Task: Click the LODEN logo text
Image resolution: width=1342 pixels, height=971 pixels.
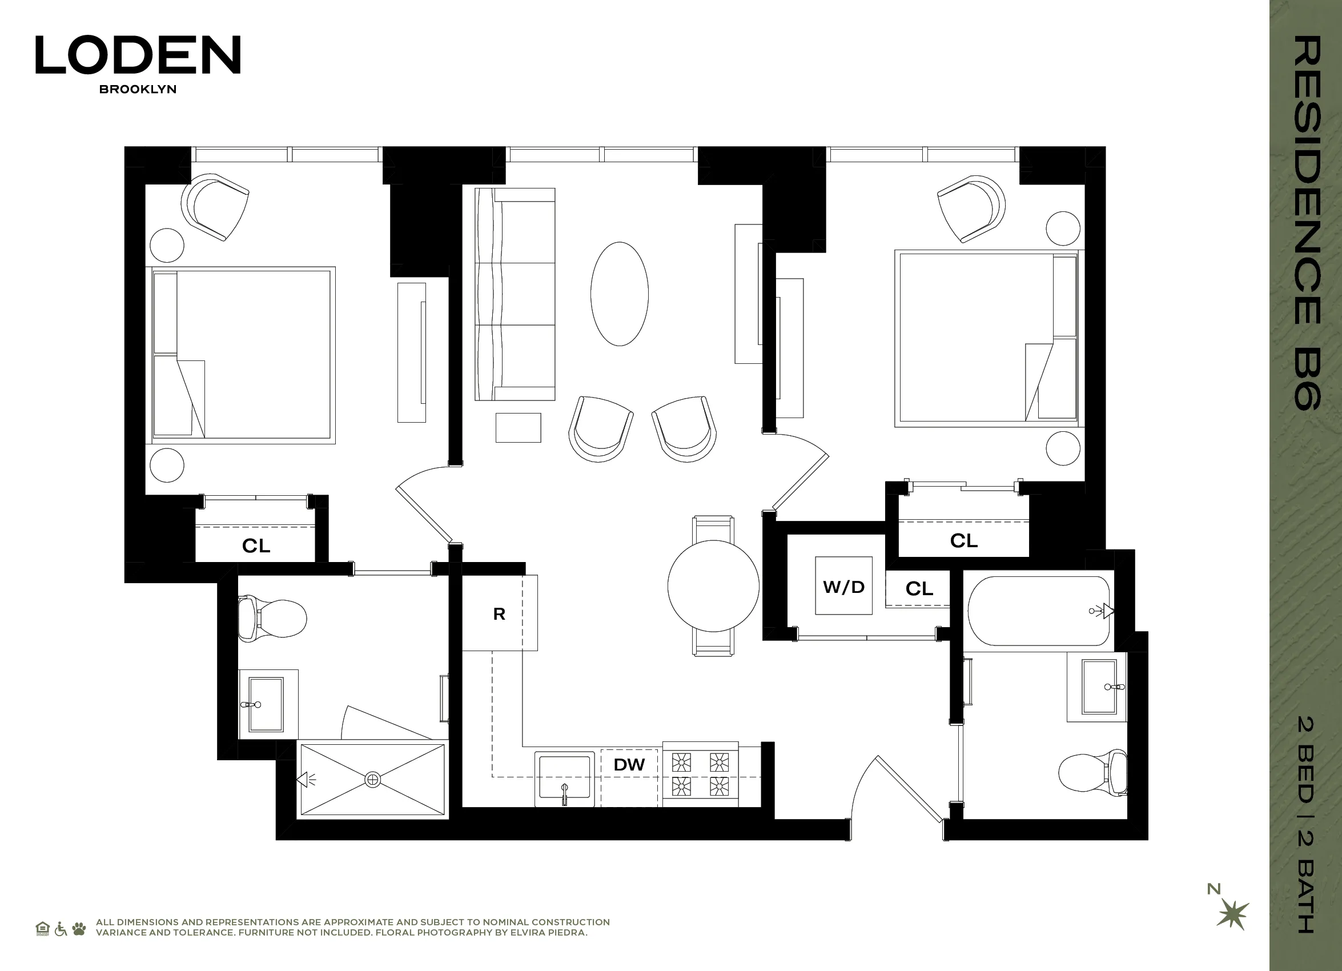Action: tap(138, 55)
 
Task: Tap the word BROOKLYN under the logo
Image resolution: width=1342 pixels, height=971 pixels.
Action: tap(138, 89)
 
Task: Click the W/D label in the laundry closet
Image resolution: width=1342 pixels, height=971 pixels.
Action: tap(843, 587)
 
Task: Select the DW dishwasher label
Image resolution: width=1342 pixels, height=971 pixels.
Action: tap(629, 764)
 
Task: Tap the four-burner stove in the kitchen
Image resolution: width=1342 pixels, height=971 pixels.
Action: tap(700, 775)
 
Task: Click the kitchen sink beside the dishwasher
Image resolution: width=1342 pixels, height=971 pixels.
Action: tap(564, 779)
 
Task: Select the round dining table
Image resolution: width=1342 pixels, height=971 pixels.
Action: tap(713, 586)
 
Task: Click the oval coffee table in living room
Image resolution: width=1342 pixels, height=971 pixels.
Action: tap(620, 294)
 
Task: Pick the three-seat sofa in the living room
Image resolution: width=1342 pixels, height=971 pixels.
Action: tap(515, 294)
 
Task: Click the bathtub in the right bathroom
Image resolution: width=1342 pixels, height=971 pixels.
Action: tap(1038, 611)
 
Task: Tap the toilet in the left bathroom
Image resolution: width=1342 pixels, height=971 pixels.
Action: tap(272, 619)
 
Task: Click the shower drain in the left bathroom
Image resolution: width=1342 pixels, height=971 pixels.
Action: tap(373, 780)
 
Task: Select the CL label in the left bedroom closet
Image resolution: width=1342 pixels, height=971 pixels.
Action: tap(256, 545)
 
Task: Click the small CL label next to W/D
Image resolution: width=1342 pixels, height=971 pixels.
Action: tap(919, 588)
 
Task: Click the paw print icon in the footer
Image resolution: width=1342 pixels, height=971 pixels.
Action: tap(79, 928)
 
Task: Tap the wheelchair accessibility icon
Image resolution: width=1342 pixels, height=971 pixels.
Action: tap(61, 929)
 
